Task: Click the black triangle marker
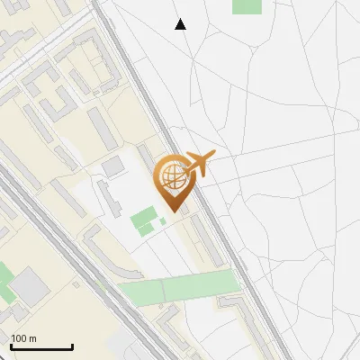coord(180,24)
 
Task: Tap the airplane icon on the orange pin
coord(199,165)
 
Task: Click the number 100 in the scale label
coord(19,339)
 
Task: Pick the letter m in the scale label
coord(32,339)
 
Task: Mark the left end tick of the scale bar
coord(11,346)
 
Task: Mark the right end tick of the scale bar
coord(72,346)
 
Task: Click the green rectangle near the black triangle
coord(247,5)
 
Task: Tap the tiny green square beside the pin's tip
coord(162,220)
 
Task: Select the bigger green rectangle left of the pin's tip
coord(143,220)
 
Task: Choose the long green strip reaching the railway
coord(180,287)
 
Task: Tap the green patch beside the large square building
coord(5,279)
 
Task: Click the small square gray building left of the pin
coord(113,166)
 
